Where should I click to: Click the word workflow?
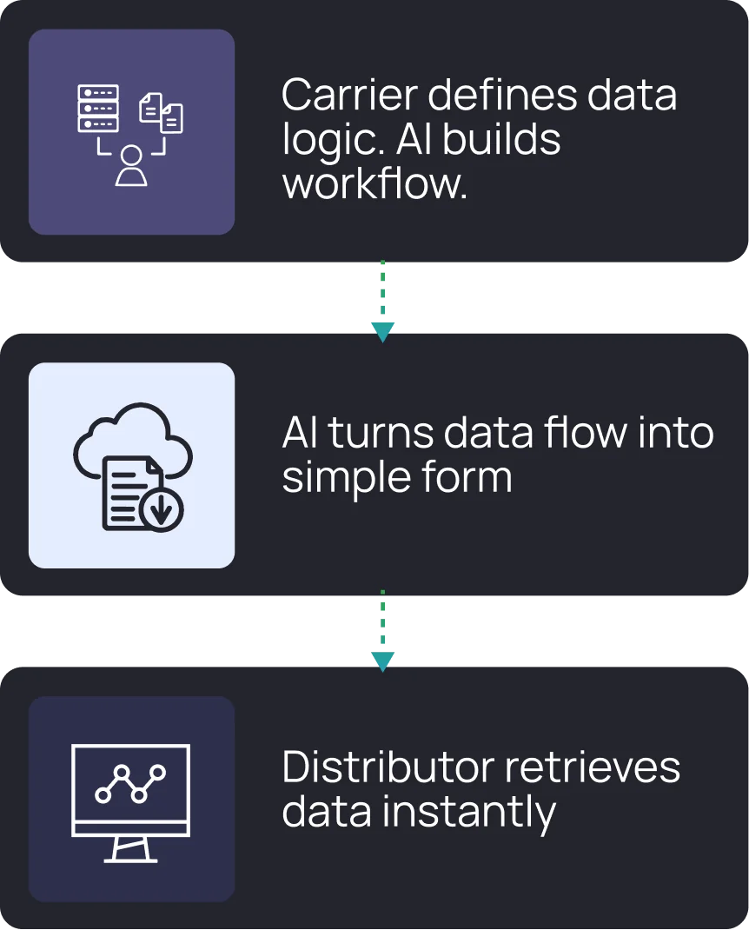click(x=374, y=183)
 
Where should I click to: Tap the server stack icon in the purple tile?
click(x=97, y=110)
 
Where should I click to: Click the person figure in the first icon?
click(x=131, y=166)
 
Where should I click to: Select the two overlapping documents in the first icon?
click(x=162, y=113)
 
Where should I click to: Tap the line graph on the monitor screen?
click(x=130, y=782)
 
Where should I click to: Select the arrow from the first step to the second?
click(x=382, y=300)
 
